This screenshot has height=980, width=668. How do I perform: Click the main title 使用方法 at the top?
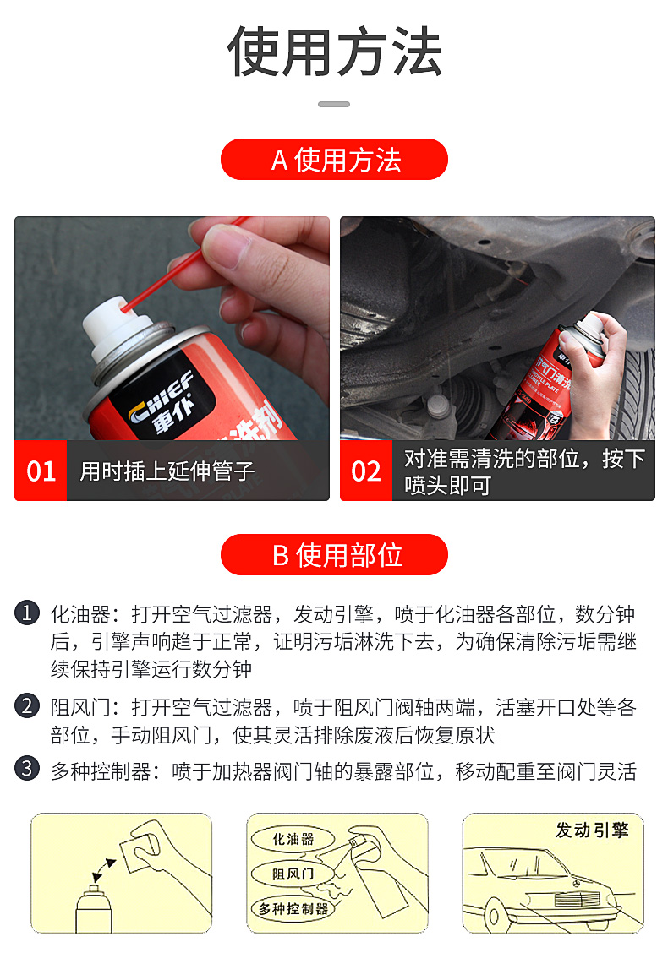click(x=335, y=52)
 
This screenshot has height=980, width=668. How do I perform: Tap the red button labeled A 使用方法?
click(x=335, y=160)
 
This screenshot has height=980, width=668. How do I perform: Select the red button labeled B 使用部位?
click(x=335, y=554)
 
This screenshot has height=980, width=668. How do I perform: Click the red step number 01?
click(x=41, y=471)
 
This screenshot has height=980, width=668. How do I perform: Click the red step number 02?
click(x=366, y=471)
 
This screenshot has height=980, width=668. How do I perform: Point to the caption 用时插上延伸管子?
click(x=167, y=471)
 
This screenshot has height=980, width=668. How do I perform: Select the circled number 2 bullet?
click(x=27, y=706)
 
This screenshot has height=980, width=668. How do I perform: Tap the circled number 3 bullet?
click(x=27, y=769)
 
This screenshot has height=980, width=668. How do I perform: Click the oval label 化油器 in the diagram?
click(x=293, y=839)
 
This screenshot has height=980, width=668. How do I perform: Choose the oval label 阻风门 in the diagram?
click(x=293, y=873)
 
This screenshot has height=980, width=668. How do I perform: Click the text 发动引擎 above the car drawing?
click(x=592, y=830)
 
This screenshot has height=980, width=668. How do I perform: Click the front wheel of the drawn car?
click(x=494, y=917)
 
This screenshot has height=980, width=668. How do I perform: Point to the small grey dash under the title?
click(x=334, y=105)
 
